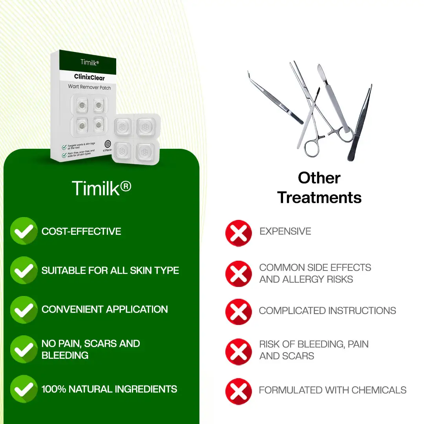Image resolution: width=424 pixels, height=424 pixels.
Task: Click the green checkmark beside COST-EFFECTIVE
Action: click(24, 231)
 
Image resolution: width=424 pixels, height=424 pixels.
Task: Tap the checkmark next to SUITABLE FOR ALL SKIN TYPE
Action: click(24, 270)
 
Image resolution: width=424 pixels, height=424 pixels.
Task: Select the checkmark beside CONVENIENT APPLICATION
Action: click(24, 309)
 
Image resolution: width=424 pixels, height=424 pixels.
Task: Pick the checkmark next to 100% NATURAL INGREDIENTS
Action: click(24, 389)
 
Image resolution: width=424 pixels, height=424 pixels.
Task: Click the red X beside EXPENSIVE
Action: click(238, 233)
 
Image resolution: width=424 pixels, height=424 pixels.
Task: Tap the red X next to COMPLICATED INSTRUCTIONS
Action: click(238, 312)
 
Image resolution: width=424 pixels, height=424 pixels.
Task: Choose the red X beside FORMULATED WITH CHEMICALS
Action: click(238, 391)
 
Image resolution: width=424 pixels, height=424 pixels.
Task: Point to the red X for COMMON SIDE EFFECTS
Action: click(238, 274)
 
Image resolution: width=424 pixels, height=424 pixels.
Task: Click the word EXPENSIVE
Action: click(285, 231)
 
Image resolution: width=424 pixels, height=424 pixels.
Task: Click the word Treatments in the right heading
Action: click(319, 197)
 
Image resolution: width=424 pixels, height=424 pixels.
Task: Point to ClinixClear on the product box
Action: click(90, 77)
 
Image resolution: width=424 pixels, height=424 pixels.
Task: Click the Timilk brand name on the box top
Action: click(90, 62)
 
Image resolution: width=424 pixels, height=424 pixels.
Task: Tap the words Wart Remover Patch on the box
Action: click(90, 87)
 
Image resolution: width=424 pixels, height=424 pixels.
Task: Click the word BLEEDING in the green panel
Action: click(65, 355)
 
